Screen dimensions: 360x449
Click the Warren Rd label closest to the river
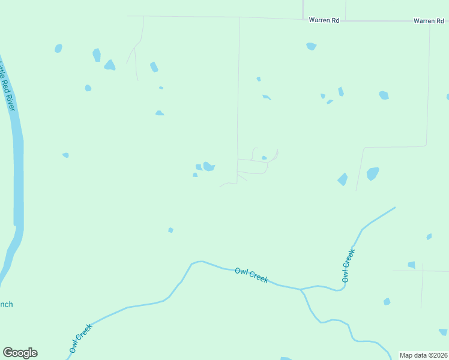coord(324,20)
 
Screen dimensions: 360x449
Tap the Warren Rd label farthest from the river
coord(429,21)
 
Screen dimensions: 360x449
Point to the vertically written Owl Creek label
coord(348,266)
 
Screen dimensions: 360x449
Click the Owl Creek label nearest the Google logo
coord(80,338)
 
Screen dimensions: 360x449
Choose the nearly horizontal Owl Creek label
coord(252,275)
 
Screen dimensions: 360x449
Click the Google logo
coord(20,353)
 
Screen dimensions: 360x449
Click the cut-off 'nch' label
coord(6,304)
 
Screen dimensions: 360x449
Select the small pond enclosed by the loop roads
coord(264,158)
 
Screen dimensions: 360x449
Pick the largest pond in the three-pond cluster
coord(208,166)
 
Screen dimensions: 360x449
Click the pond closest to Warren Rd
coord(311,46)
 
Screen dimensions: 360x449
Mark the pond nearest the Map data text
coord(443,332)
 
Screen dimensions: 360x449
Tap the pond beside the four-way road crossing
coord(412,265)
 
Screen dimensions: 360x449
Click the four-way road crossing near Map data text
coord(423,271)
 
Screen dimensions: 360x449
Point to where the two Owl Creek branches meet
coord(301,289)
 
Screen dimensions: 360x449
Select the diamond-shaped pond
coord(343,179)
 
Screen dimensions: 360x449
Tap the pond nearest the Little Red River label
coord(58,48)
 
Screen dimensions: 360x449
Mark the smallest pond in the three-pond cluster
coord(195,175)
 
